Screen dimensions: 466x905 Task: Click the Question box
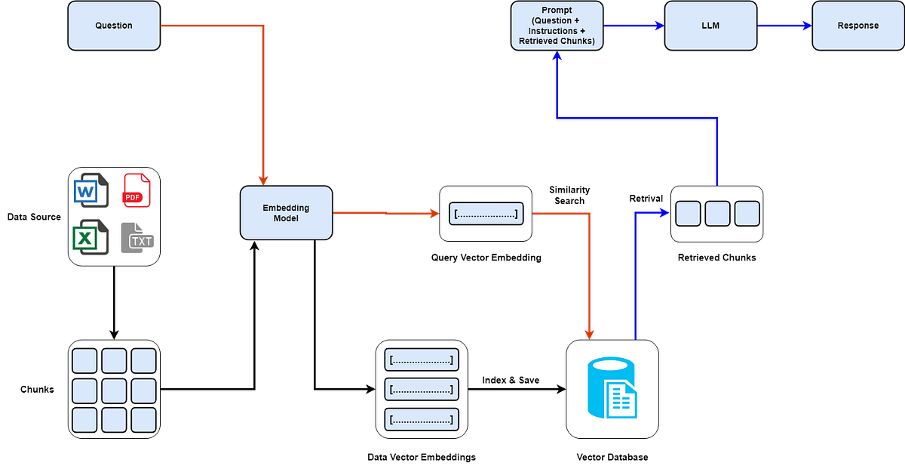(114, 26)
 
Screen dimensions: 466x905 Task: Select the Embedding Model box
(286, 213)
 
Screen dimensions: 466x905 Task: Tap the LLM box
(710, 26)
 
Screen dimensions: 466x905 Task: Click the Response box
(857, 26)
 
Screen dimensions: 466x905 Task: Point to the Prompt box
(557, 26)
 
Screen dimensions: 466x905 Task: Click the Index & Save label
(511, 380)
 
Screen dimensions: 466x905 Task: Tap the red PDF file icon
(136, 190)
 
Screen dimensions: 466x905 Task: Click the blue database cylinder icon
(612, 388)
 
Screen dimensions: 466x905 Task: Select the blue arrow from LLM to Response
(784, 26)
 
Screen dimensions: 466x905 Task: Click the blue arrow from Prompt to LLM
(633, 26)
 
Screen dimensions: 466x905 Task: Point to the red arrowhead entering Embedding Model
(263, 179)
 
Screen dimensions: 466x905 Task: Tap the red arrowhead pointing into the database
(590, 333)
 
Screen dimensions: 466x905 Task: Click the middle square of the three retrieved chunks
(717, 214)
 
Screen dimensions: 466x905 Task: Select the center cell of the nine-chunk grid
(114, 390)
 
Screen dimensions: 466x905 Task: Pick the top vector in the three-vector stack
(421, 360)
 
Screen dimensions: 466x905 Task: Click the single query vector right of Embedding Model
(486, 214)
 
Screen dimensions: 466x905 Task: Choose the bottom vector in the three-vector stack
(421, 418)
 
